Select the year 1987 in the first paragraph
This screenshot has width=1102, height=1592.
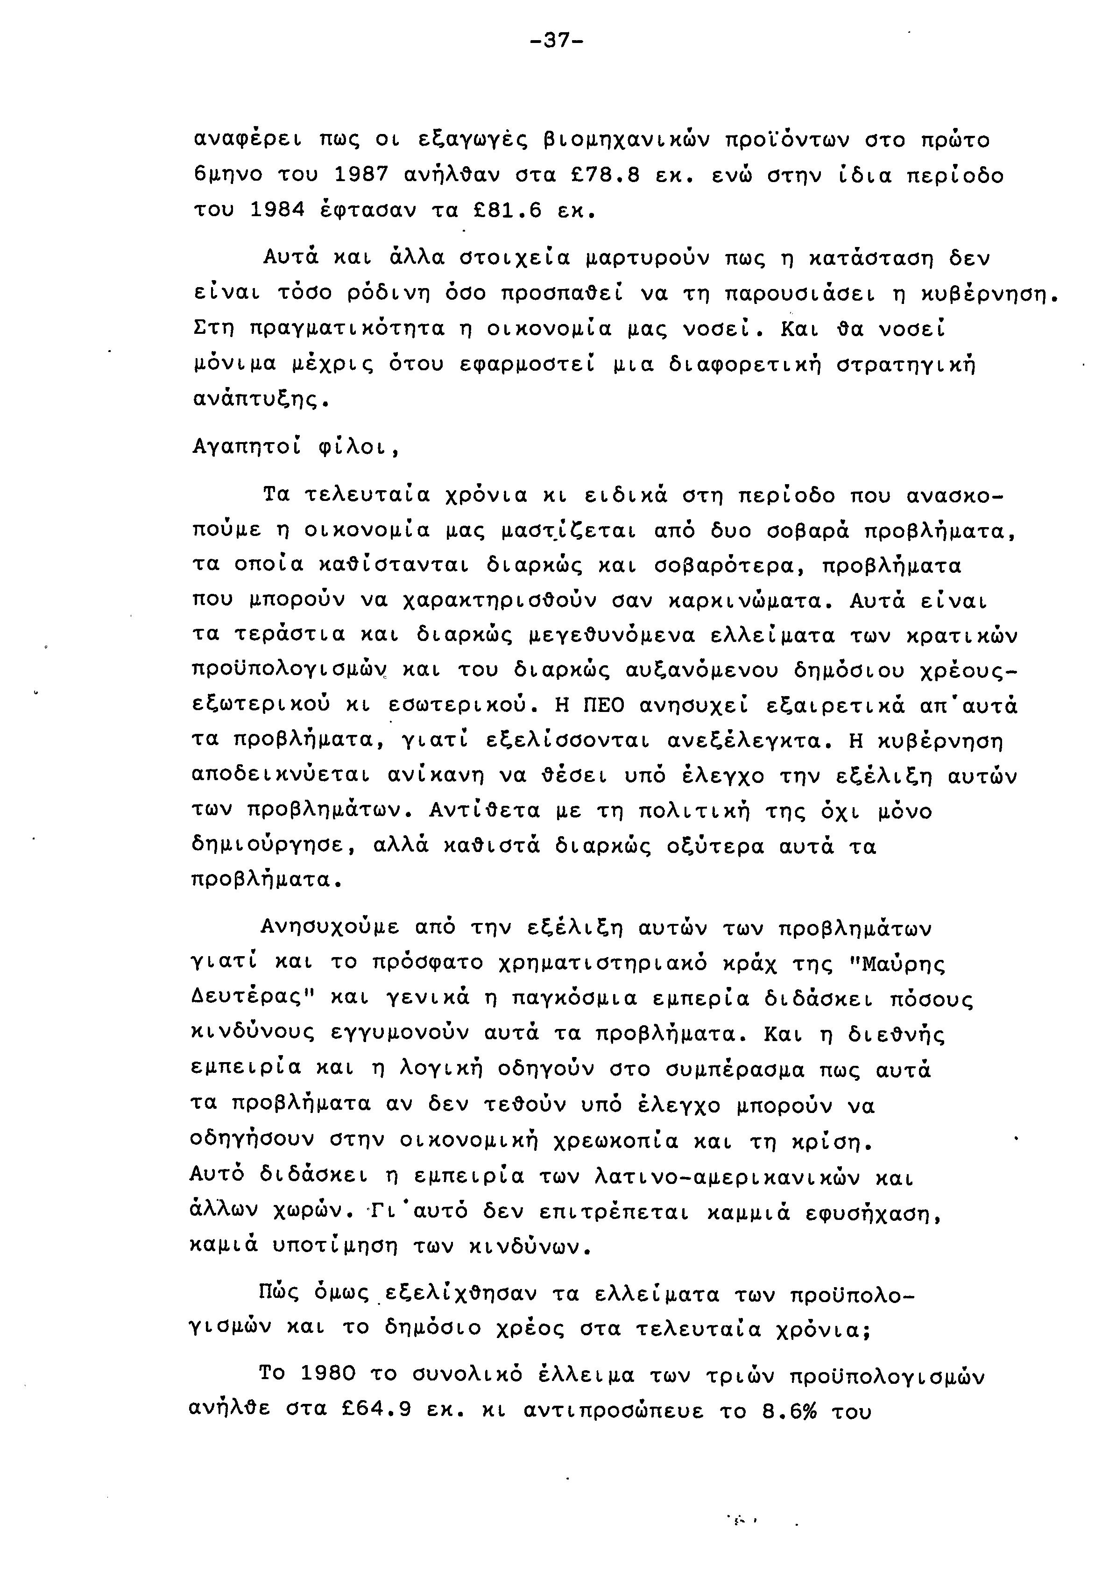pos(360,176)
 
